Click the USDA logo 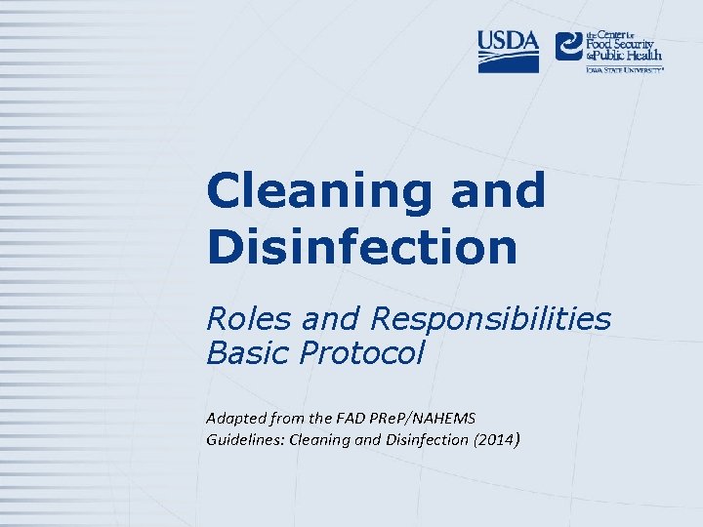coord(508,51)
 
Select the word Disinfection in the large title coord(361,246)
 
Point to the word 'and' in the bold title coord(497,190)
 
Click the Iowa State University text coord(624,70)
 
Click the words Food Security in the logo coord(625,44)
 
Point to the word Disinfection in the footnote coord(426,439)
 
